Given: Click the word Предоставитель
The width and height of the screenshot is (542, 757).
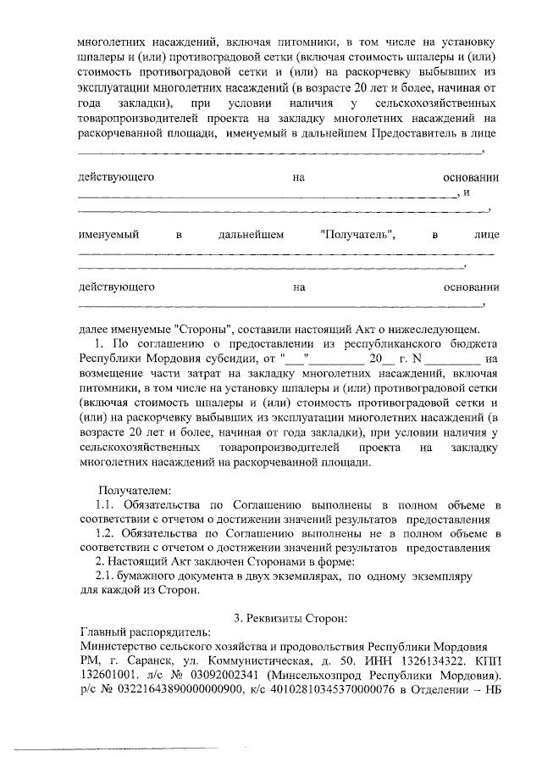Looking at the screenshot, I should coord(404,133).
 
